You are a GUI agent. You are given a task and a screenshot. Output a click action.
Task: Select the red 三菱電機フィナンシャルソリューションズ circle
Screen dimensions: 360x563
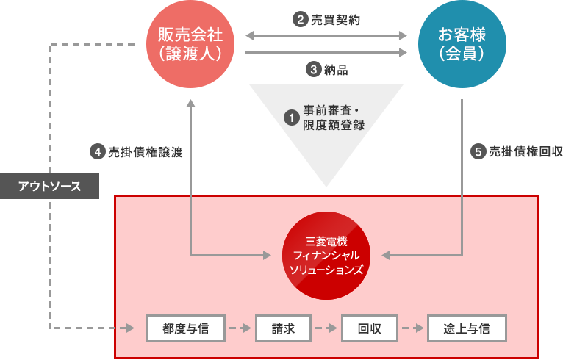[x=327, y=255]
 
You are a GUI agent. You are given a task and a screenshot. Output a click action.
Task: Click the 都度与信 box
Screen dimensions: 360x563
[x=185, y=328]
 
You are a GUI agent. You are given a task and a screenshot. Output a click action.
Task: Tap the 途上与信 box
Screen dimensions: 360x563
[x=467, y=328]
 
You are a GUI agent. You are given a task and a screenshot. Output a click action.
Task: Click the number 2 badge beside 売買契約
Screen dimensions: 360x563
[x=300, y=20]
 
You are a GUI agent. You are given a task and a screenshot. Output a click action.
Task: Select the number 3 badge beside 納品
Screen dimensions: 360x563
[x=312, y=71]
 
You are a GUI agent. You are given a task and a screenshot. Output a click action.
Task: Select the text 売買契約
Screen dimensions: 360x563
[x=335, y=20]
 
